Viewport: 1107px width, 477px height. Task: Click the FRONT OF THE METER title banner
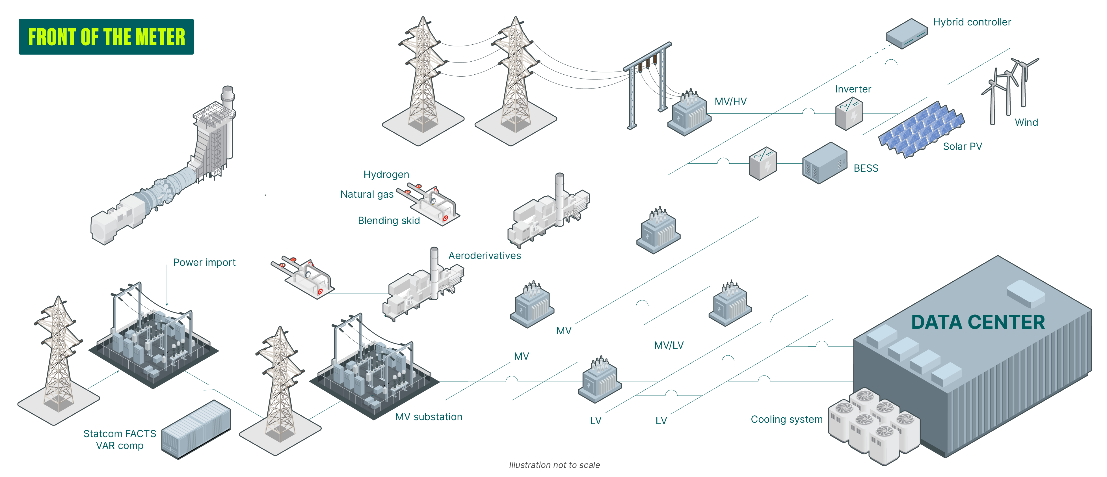tap(106, 36)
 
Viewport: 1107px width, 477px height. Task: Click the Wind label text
tap(1026, 122)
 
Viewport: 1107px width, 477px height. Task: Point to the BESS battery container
tap(824, 164)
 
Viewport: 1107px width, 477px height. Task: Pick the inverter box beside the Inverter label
tap(849, 114)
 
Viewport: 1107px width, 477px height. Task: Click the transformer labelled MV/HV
tap(689, 114)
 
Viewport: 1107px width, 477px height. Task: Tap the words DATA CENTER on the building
tap(978, 322)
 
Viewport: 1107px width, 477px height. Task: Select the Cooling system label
tap(786, 419)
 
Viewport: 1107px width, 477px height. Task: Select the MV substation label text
tap(429, 417)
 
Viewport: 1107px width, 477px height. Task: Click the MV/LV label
tap(668, 345)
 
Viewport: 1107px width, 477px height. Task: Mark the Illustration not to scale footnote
tap(554, 465)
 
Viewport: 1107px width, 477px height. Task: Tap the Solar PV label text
tap(962, 146)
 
